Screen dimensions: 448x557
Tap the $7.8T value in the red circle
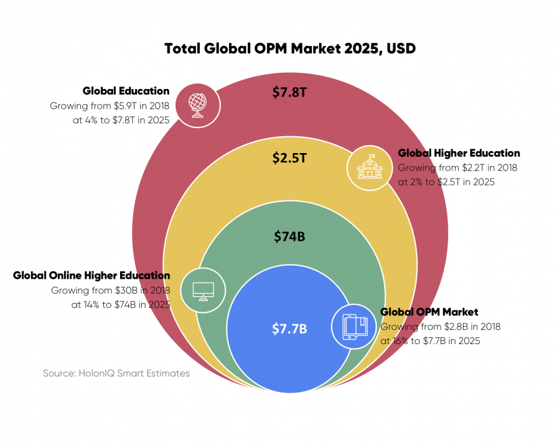[x=290, y=93]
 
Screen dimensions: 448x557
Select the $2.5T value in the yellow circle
[x=290, y=158]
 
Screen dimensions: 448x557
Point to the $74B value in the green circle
[x=290, y=237]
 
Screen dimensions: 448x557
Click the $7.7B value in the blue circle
[x=289, y=329]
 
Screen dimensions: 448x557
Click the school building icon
[x=369, y=167]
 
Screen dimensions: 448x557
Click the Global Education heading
[x=126, y=91]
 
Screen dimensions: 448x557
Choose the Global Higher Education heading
[x=459, y=153]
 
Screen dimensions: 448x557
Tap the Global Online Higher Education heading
[x=91, y=276]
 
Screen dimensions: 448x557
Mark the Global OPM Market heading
[x=429, y=312]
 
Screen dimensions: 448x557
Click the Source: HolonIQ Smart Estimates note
[x=116, y=373]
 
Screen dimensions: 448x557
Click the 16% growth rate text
[x=399, y=341]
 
